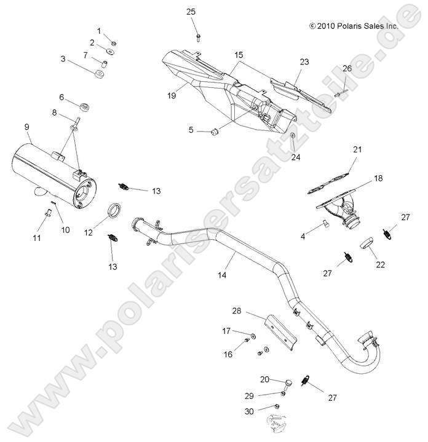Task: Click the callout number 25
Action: coord(191,12)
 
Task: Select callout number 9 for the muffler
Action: coord(27,127)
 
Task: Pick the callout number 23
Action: coord(304,62)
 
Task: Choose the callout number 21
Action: coord(357,149)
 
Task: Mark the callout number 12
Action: coord(88,232)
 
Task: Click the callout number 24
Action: coord(296,156)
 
